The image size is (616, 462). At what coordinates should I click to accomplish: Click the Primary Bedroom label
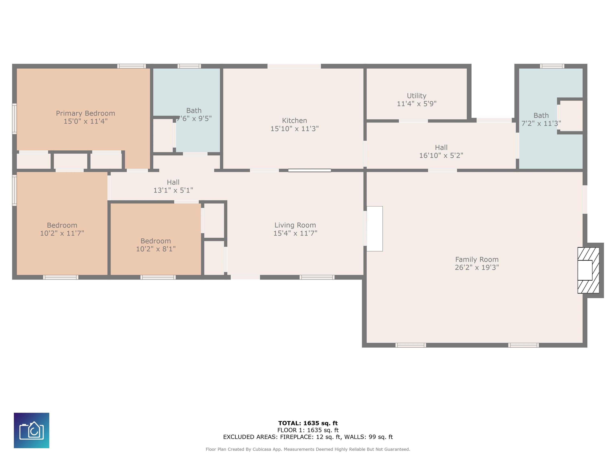coord(85,113)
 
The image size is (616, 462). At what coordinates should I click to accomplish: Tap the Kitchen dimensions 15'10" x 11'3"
coord(295,129)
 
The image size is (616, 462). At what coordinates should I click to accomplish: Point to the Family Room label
coord(477,259)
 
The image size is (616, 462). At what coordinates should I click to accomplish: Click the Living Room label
coord(295,225)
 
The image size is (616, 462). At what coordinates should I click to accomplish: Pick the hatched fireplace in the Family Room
coord(588,270)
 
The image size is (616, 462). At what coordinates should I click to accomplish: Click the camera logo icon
coord(31,430)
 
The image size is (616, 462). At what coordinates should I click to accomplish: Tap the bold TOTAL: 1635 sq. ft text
coord(308,423)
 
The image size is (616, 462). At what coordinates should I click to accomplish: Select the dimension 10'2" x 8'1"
coord(156,249)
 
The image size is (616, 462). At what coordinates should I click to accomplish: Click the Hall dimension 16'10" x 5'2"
coord(441,155)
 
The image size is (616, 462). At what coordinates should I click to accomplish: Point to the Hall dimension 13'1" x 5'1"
coord(173,190)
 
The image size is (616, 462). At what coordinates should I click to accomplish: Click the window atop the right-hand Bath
coord(552,66)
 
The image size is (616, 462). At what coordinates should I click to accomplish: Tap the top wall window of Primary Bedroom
coord(132,66)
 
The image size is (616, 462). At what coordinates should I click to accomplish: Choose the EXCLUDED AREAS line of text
coord(308,437)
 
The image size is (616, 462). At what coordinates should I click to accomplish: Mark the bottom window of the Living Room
coord(317,277)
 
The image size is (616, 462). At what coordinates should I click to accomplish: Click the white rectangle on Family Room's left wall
coord(375,229)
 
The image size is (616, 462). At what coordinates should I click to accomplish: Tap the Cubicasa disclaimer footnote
coord(308,449)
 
